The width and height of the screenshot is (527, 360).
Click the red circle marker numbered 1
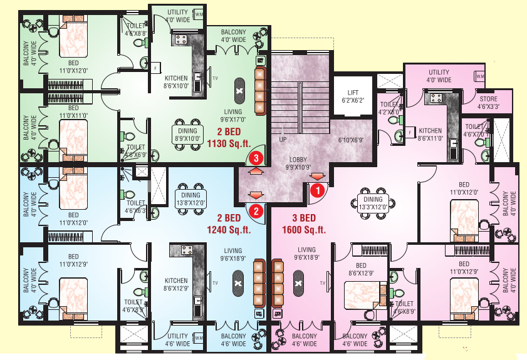[318, 187]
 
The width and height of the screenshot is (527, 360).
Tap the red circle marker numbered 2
[256, 211]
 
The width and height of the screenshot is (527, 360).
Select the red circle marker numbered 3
[256, 158]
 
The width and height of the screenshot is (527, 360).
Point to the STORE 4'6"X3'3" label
[489, 103]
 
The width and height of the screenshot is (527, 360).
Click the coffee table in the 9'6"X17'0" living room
[239, 91]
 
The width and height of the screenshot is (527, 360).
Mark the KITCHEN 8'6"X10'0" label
[176, 82]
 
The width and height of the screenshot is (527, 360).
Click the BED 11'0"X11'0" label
[73, 112]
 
